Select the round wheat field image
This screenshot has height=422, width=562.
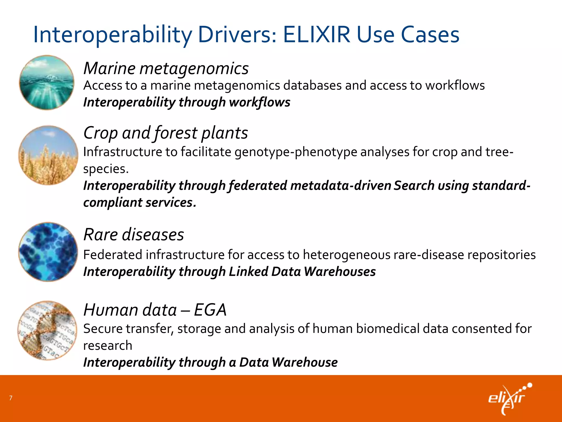(48, 155)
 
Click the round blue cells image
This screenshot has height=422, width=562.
(48, 252)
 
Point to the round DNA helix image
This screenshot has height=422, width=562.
(47, 330)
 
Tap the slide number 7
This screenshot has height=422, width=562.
(11, 398)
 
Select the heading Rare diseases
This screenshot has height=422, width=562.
(134, 235)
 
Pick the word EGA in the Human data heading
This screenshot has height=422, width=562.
(210, 310)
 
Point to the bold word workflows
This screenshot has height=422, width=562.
(259, 102)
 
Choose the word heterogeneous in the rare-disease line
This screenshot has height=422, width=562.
(346, 255)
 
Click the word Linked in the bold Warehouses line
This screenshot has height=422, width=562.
(248, 272)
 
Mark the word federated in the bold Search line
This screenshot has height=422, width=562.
(258, 185)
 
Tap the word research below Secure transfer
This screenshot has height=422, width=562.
(108, 346)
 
